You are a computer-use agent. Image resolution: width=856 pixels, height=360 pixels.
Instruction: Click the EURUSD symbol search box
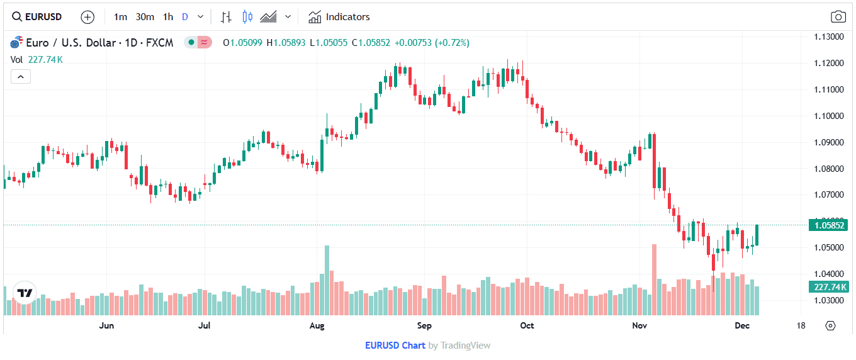coord(38,17)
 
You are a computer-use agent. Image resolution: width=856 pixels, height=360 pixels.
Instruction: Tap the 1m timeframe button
coord(120,17)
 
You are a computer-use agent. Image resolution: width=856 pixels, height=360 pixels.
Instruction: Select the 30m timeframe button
coord(145,17)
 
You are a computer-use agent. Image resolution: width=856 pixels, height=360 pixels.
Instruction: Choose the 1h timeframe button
coord(168,17)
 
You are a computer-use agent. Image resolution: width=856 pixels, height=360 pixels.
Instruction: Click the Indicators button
coord(339,17)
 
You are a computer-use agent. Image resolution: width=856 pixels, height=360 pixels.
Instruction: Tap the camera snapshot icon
coord(838,17)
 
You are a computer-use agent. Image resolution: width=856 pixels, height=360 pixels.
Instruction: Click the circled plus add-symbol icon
coord(87,17)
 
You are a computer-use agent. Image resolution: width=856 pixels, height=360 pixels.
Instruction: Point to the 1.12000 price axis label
coord(828,63)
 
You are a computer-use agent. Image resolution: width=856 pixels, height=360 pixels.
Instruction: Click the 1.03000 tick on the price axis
coord(828,300)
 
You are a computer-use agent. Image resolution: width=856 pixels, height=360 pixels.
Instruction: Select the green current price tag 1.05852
coord(828,225)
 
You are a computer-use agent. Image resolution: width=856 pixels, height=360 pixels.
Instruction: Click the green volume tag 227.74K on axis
coord(828,287)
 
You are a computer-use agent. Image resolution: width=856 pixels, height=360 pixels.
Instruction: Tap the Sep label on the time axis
coord(424,325)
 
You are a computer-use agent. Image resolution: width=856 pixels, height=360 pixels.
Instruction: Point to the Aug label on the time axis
coord(317,325)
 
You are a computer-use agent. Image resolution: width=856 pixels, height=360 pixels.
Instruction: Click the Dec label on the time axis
coord(742,325)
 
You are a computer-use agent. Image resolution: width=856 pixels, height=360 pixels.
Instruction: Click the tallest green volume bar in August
coord(327,280)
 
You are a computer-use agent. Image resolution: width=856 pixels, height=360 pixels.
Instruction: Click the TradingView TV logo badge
coord(25,293)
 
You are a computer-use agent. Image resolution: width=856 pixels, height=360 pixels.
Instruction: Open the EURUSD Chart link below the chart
coord(395,346)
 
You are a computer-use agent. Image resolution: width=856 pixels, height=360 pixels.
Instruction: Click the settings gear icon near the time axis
coord(830,325)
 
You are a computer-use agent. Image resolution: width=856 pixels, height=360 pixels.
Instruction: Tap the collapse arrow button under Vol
coord(20,77)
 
